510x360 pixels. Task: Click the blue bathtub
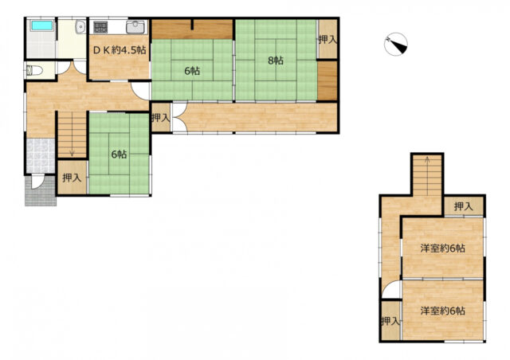click(41, 25)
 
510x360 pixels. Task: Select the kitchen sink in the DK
click(135, 27)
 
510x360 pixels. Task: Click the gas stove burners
click(100, 27)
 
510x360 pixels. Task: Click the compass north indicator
click(395, 44)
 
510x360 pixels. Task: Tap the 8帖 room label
click(276, 61)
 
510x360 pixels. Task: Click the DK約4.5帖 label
click(120, 50)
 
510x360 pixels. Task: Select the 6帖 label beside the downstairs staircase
click(119, 155)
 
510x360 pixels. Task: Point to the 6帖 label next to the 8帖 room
click(192, 71)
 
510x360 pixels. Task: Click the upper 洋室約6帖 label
click(442, 248)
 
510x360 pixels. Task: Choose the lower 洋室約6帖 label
click(442, 311)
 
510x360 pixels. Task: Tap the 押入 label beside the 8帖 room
click(328, 40)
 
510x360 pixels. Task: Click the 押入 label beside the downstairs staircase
click(72, 178)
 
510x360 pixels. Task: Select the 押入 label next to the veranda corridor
click(161, 118)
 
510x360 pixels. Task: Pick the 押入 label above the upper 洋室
click(464, 206)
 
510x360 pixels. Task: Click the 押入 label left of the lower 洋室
click(390, 321)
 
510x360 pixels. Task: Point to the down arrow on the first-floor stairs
click(72, 152)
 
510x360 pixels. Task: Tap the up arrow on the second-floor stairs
click(427, 160)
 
